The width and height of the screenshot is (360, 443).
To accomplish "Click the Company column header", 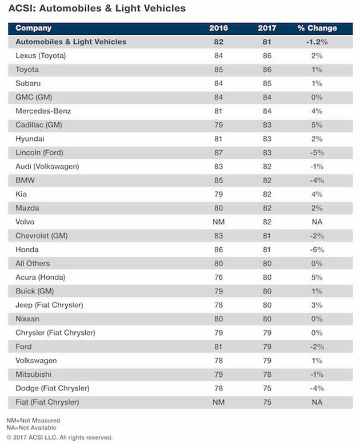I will [33, 28].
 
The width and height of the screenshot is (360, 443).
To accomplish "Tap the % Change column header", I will [317, 28].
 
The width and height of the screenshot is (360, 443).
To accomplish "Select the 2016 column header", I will [219, 28].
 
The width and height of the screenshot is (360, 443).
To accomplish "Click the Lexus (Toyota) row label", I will [41, 56].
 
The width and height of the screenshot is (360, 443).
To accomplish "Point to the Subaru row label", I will [28, 83].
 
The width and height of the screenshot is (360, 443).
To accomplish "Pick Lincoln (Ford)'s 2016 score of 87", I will [219, 152].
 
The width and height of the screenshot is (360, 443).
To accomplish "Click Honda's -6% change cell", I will [317, 249].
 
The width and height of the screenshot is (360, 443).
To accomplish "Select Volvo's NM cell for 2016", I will [219, 222].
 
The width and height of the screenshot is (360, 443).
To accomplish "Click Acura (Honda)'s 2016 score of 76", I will [219, 277].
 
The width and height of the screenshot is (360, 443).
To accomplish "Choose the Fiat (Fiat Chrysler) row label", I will [47, 402].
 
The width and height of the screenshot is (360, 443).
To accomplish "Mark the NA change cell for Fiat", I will [317, 402].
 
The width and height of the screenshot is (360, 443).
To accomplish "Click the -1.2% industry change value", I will [317, 42].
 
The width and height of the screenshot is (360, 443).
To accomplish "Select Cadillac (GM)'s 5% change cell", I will [317, 125].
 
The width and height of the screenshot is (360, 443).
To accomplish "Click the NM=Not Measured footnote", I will [34, 420].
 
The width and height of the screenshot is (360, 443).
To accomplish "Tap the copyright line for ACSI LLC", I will [60, 437].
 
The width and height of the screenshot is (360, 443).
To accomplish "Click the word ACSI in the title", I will [21, 9].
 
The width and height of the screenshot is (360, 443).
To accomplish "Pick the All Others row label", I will [33, 264].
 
